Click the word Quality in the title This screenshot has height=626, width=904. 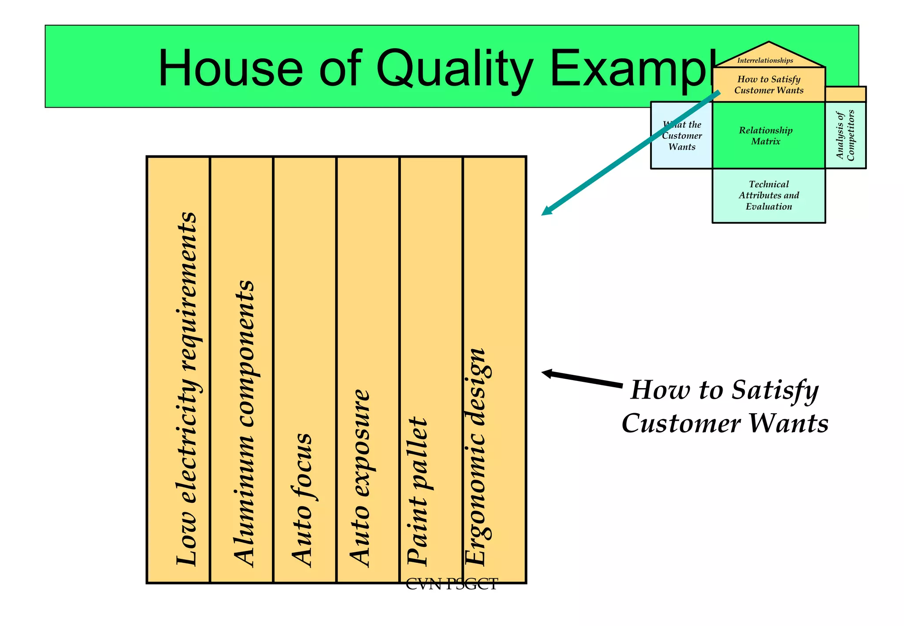pyautogui.click(x=454, y=69)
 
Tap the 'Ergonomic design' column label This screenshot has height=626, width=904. pyautogui.click(x=476, y=456)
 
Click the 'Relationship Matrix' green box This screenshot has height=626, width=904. pyautogui.click(x=768, y=136)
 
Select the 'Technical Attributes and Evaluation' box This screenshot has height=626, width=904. pyautogui.click(x=768, y=195)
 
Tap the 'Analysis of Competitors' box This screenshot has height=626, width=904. pyautogui.click(x=845, y=135)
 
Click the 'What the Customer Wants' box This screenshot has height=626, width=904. pyautogui.click(x=682, y=136)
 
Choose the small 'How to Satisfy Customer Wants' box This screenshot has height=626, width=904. pyautogui.click(x=768, y=85)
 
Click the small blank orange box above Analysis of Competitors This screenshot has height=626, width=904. pyautogui.click(x=845, y=94)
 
